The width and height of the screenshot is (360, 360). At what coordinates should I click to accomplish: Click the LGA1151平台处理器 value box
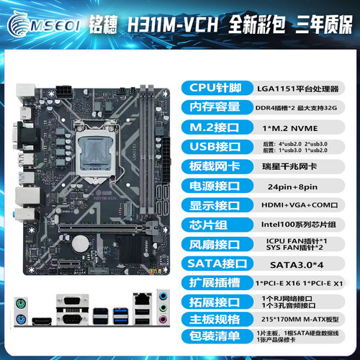(x=303, y=88)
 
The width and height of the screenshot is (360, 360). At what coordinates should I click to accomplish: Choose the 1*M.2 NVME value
(x=303, y=128)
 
